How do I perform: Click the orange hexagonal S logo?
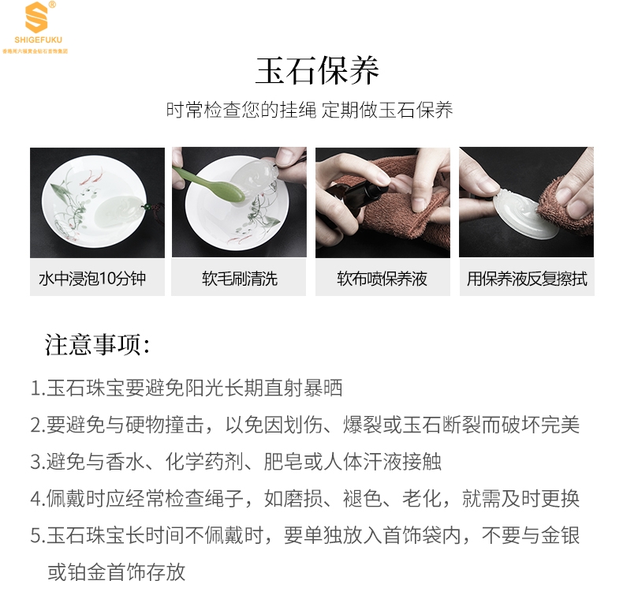tap(36, 17)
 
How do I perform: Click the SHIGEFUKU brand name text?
tap(38, 39)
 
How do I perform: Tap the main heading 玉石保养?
tap(317, 71)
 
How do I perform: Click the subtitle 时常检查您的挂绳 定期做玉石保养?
tap(309, 110)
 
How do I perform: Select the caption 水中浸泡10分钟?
tap(92, 279)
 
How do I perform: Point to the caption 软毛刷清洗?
tap(240, 279)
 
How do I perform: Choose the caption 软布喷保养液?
tap(382, 279)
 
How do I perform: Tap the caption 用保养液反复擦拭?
tap(527, 279)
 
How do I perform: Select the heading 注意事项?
tap(97, 345)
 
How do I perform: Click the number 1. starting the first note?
tap(38, 388)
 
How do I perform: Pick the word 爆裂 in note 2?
tap(362, 425)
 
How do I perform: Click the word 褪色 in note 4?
tap(362, 499)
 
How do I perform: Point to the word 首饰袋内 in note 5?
tap(422, 535)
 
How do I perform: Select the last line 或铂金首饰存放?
tap(117, 572)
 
